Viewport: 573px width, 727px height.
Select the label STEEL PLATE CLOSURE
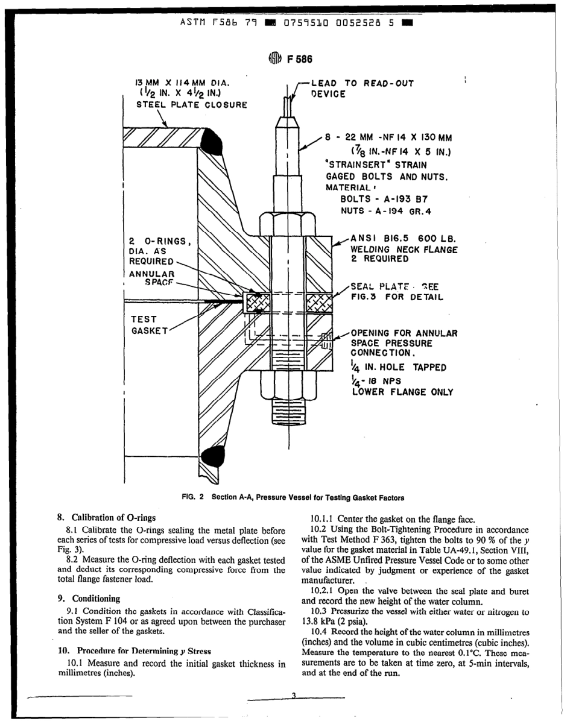[x=191, y=104]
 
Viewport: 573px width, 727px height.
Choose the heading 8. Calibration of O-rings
[x=106, y=517]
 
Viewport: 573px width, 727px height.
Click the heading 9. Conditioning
[x=89, y=599]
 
